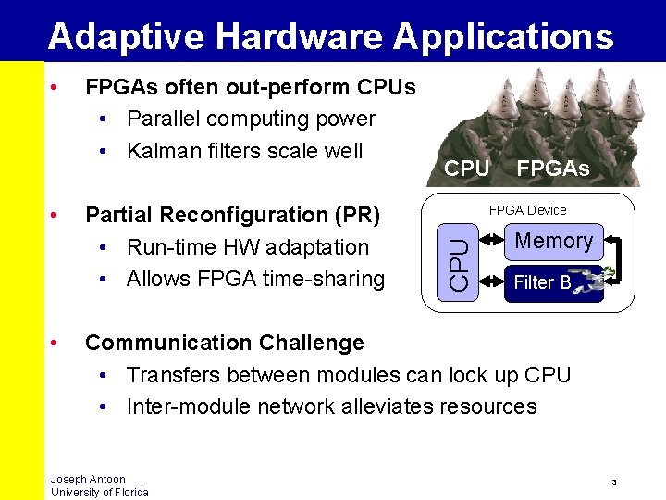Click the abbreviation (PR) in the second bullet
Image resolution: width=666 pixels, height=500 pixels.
(x=357, y=215)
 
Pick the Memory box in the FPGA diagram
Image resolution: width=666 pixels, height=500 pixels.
(x=553, y=242)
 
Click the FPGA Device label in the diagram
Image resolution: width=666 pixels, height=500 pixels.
(x=527, y=210)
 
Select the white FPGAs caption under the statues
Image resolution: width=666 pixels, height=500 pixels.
(x=552, y=169)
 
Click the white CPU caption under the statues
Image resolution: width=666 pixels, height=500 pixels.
(x=466, y=169)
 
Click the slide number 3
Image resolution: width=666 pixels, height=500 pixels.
(x=614, y=482)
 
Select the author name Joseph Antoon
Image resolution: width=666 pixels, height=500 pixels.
(x=88, y=480)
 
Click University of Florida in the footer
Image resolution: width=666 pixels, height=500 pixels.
(x=99, y=493)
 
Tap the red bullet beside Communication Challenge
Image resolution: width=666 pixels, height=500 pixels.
(x=57, y=344)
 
